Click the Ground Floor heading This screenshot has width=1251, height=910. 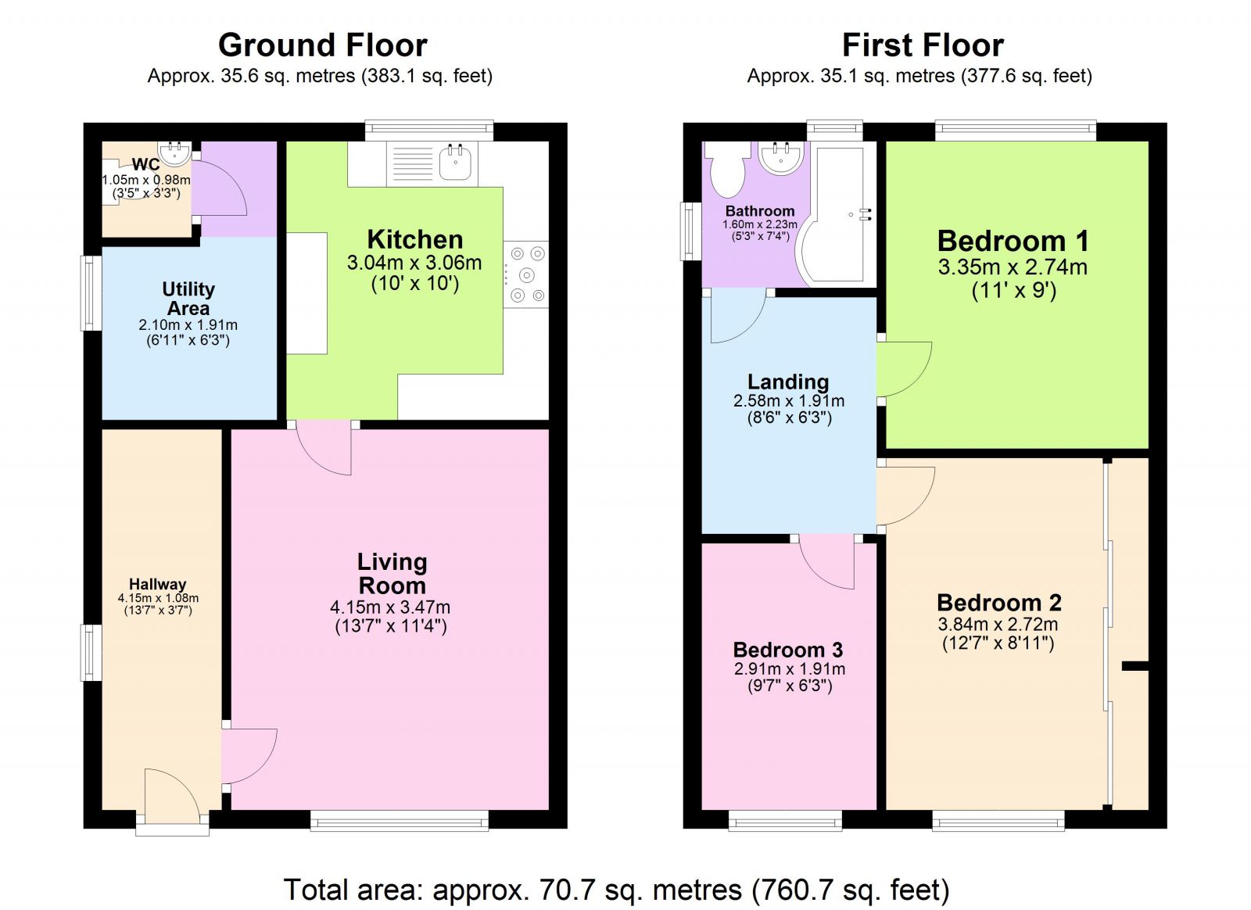pyautogui.click(x=322, y=45)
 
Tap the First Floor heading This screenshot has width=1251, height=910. pyautogui.click(x=923, y=45)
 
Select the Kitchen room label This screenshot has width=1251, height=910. pyautogui.click(x=414, y=239)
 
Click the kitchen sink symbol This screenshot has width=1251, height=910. pyautogui.click(x=455, y=163)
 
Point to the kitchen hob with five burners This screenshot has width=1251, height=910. pyautogui.click(x=525, y=274)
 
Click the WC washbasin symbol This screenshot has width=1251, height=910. pyautogui.click(x=174, y=152)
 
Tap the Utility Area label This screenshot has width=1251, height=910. pyautogui.click(x=188, y=299)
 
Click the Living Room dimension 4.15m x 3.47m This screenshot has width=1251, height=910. pyautogui.click(x=390, y=607)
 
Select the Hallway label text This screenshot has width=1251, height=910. pyautogui.click(x=158, y=584)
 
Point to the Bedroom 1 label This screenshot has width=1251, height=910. pyautogui.click(x=1013, y=241)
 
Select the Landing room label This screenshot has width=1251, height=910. pyautogui.click(x=788, y=382)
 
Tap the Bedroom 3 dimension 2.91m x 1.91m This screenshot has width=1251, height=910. pyautogui.click(x=789, y=669)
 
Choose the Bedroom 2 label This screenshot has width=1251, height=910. pyautogui.click(x=999, y=603)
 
